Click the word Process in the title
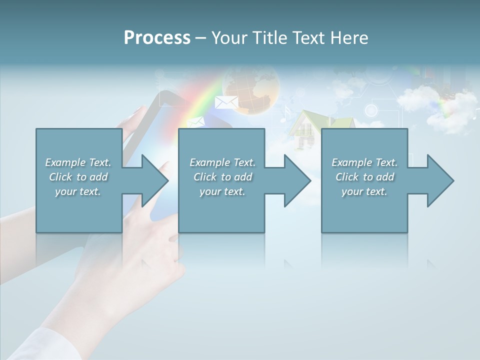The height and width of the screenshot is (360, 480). [x=157, y=38]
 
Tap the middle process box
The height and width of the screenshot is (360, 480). [x=221, y=210]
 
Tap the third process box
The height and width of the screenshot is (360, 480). [x=364, y=210]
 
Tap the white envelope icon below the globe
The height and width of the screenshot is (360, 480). [x=226, y=102]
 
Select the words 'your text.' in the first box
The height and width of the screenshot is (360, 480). [x=78, y=191]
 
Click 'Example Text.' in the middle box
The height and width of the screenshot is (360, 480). [x=222, y=162]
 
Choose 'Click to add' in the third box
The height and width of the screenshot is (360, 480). [x=364, y=177]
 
